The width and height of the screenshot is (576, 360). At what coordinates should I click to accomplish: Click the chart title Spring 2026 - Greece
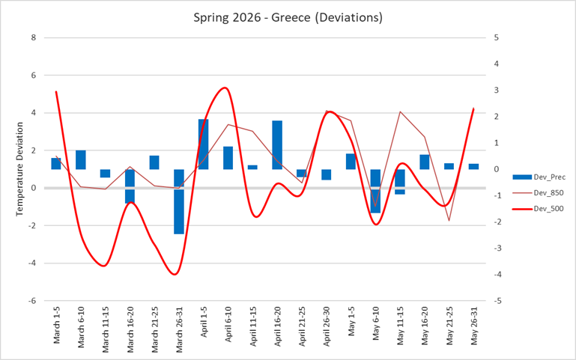(288, 16)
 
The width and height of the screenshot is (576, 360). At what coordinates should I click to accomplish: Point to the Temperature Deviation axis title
(20, 168)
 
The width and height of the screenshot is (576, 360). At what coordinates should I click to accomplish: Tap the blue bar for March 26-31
(179, 201)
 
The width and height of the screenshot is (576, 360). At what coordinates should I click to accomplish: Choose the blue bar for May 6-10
(375, 191)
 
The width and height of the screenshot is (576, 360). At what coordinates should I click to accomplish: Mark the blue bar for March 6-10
(81, 159)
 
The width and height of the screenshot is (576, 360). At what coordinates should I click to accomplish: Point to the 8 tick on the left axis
(33, 37)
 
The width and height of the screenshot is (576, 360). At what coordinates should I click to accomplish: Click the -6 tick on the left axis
(31, 301)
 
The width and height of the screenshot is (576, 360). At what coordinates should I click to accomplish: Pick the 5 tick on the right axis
(497, 37)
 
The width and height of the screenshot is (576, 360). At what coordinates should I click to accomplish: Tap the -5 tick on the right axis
(495, 301)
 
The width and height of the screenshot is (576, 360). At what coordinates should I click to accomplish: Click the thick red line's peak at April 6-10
(225, 88)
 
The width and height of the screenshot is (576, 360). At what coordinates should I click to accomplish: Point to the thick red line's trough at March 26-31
(176, 274)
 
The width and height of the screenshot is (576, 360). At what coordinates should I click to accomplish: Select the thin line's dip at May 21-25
(449, 220)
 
